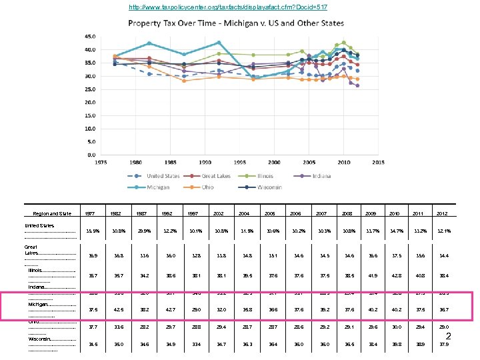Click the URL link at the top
[228, 7]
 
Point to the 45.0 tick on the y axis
[89, 37]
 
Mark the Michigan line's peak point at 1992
[219, 43]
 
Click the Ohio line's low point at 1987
[184, 81]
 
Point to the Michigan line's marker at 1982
[149, 43]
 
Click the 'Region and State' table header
[52, 214]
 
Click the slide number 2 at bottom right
[449, 337]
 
